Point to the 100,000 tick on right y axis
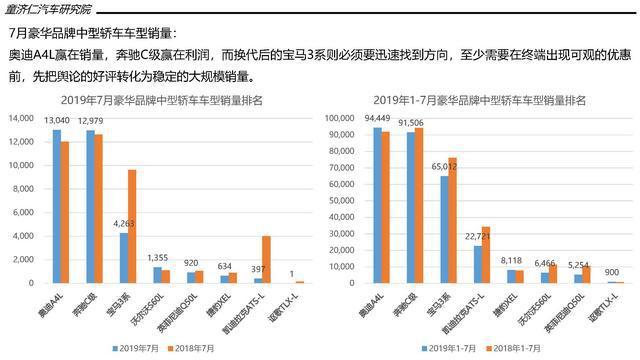(336, 118)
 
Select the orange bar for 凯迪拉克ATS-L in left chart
(267, 259)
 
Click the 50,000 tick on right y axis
(338, 200)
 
